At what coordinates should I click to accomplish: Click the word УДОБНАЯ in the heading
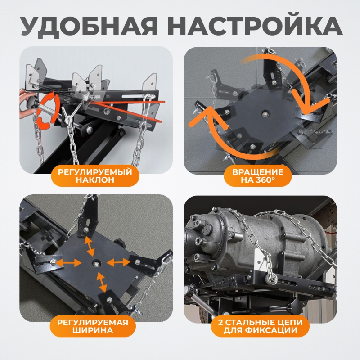(89, 26)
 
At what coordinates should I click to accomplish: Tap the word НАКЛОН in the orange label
(95, 180)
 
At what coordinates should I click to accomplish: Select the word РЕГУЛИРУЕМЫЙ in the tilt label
(95, 172)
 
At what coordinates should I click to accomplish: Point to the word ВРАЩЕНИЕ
(257, 172)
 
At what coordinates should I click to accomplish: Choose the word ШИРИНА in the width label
(93, 330)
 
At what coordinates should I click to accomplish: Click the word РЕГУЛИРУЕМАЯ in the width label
(93, 322)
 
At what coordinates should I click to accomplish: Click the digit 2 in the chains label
(220, 322)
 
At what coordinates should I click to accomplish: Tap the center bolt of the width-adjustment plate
(95, 264)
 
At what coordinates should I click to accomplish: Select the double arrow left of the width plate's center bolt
(69, 263)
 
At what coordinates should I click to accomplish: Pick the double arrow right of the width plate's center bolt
(118, 262)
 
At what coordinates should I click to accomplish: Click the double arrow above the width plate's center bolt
(90, 246)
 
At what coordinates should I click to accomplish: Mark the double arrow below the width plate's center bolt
(102, 282)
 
